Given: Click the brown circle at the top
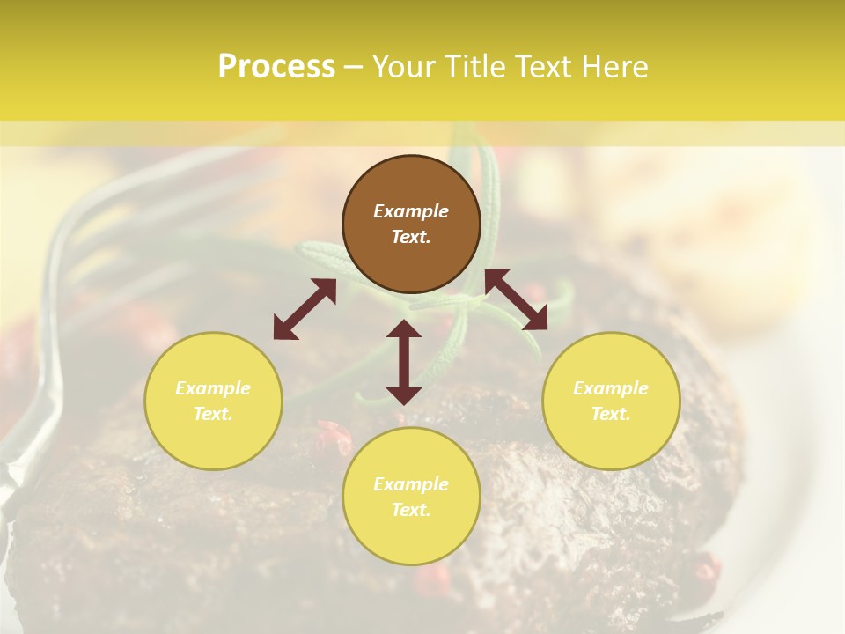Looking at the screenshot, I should tap(411, 225).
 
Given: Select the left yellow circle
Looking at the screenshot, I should tap(213, 401).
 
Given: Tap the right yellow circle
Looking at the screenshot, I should tap(611, 401).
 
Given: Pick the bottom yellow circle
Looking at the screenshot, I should tap(411, 497).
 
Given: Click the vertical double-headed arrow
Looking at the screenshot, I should tap(404, 362).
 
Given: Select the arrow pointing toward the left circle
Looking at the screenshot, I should tap(305, 309).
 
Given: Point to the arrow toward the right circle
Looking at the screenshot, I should tap(516, 299).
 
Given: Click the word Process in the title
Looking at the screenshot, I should tap(276, 67).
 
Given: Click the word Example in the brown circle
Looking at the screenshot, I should tap(411, 211).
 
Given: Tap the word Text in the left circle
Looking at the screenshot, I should tap(213, 414).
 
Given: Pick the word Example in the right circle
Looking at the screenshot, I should tap(611, 388).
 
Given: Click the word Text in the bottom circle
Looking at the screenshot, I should tap(411, 510).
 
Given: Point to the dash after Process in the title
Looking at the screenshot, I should tap(353, 67).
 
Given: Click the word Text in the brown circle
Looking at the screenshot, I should tap(411, 237).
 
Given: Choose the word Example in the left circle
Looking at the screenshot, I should tap(213, 388).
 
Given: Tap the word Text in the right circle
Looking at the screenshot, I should tap(611, 414).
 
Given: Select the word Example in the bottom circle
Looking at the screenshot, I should tap(411, 484).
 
